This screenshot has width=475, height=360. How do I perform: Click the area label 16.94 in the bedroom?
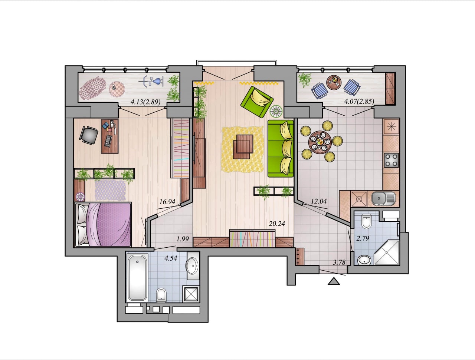click(x=167, y=202)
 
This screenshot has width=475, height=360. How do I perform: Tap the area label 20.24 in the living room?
click(x=277, y=224)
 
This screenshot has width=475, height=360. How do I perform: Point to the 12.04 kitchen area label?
click(x=319, y=201)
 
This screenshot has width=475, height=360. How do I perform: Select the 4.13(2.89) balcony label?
click(x=145, y=102)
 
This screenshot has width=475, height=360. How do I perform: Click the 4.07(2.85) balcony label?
click(x=359, y=101)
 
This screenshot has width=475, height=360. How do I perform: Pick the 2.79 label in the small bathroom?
click(x=363, y=238)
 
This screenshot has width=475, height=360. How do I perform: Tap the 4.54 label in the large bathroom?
click(x=171, y=258)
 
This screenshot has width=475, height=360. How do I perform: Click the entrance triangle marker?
click(x=334, y=281)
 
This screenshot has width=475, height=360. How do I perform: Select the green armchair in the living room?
click(x=257, y=102)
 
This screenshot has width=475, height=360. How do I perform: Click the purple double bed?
click(x=103, y=224)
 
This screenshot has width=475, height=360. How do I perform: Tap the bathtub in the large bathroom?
click(x=137, y=278)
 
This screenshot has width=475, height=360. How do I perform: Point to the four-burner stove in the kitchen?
click(x=391, y=161)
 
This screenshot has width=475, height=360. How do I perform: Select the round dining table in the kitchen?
click(x=320, y=142)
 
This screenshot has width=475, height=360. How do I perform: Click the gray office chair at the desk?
click(x=89, y=135)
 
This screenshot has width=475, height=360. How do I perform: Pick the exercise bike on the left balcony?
click(x=151, y=81)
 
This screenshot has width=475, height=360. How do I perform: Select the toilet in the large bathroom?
click(x=161, y=294)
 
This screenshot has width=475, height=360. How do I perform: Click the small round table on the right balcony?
click(x=334, y=82)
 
